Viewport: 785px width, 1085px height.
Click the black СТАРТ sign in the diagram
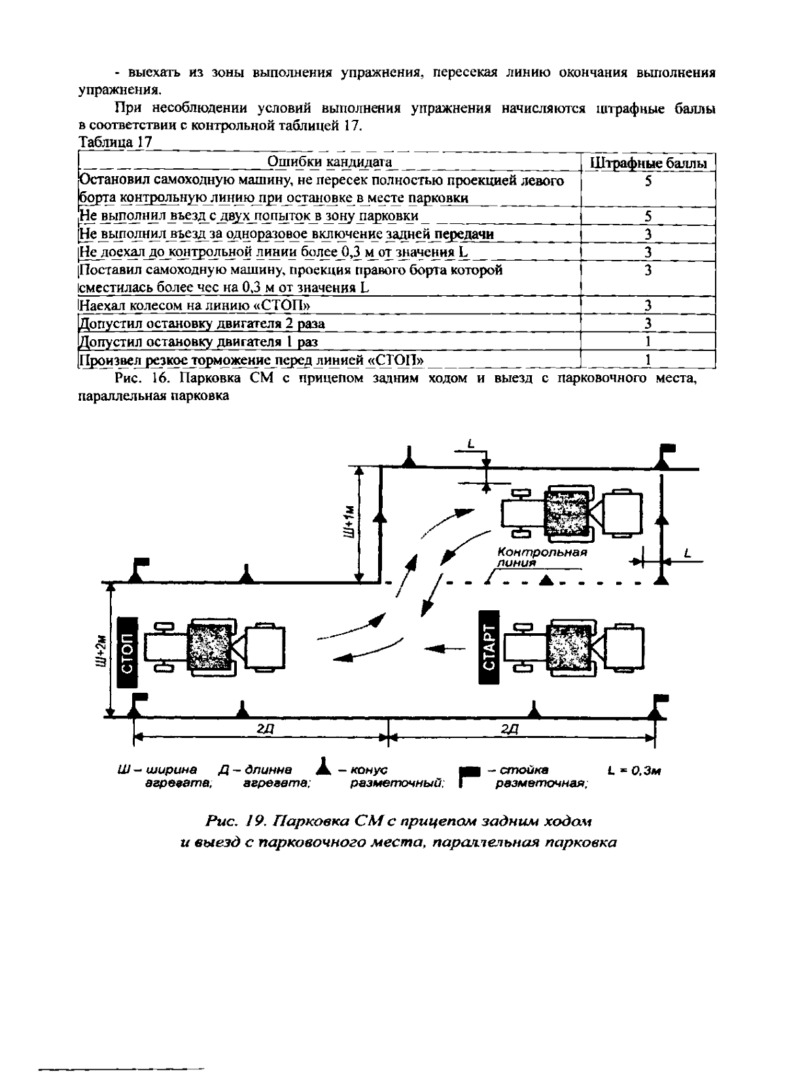click(489, 647)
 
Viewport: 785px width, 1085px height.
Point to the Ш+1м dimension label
click(351, 522)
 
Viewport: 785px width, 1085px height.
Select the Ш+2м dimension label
click(101, 649)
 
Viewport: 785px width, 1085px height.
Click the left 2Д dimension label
click(262, 729)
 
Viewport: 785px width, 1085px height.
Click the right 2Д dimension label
click(509, 729)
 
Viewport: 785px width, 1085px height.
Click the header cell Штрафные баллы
click(648, 163)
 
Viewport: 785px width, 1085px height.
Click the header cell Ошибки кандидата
click(330, 162)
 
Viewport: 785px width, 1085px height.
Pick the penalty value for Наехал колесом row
click(648, 305)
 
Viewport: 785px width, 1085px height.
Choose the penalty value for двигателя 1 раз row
click(648, 342)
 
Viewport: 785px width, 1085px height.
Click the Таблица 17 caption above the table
click(115, 142)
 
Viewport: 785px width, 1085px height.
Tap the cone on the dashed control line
click(546, 579)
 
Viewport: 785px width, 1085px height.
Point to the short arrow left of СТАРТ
click(445, 648)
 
